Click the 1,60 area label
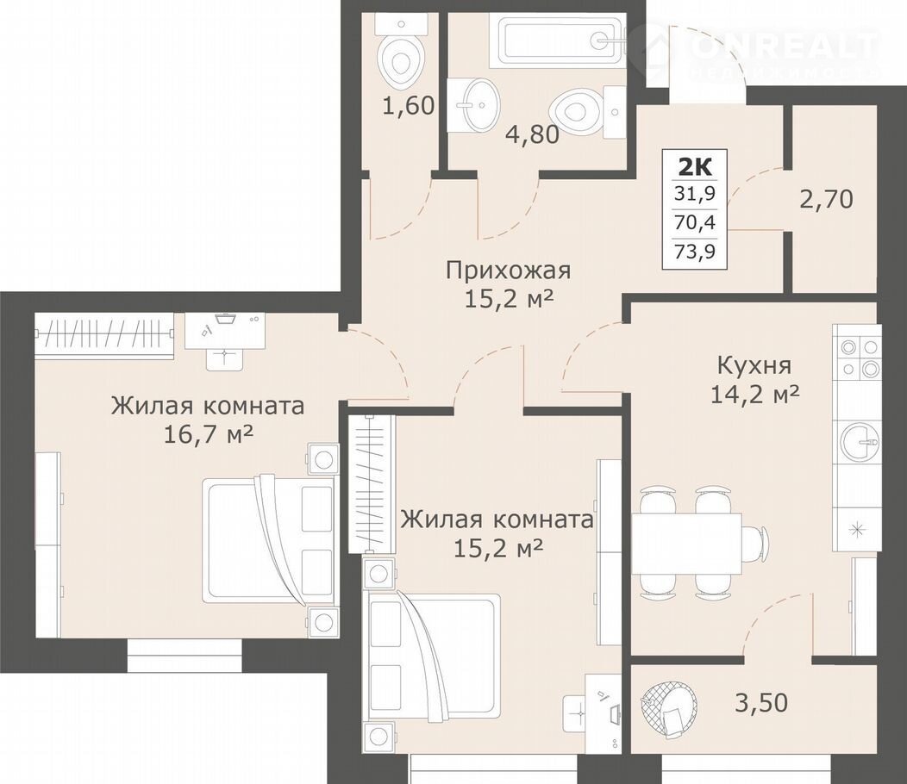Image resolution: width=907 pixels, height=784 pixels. tap(409, 105)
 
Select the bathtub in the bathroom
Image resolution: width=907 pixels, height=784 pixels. tap(558, 40)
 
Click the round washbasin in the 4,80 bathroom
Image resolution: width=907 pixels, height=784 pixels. tap(479, 105)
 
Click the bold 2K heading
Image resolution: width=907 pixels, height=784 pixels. tap(695, 167)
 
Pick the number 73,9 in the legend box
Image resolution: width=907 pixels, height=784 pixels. tap(695, 252)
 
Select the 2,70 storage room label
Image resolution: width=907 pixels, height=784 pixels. tap(827, 200)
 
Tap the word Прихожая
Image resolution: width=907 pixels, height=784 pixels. tap(509, 270)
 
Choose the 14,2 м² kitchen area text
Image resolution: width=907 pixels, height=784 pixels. tap(754, 395)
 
